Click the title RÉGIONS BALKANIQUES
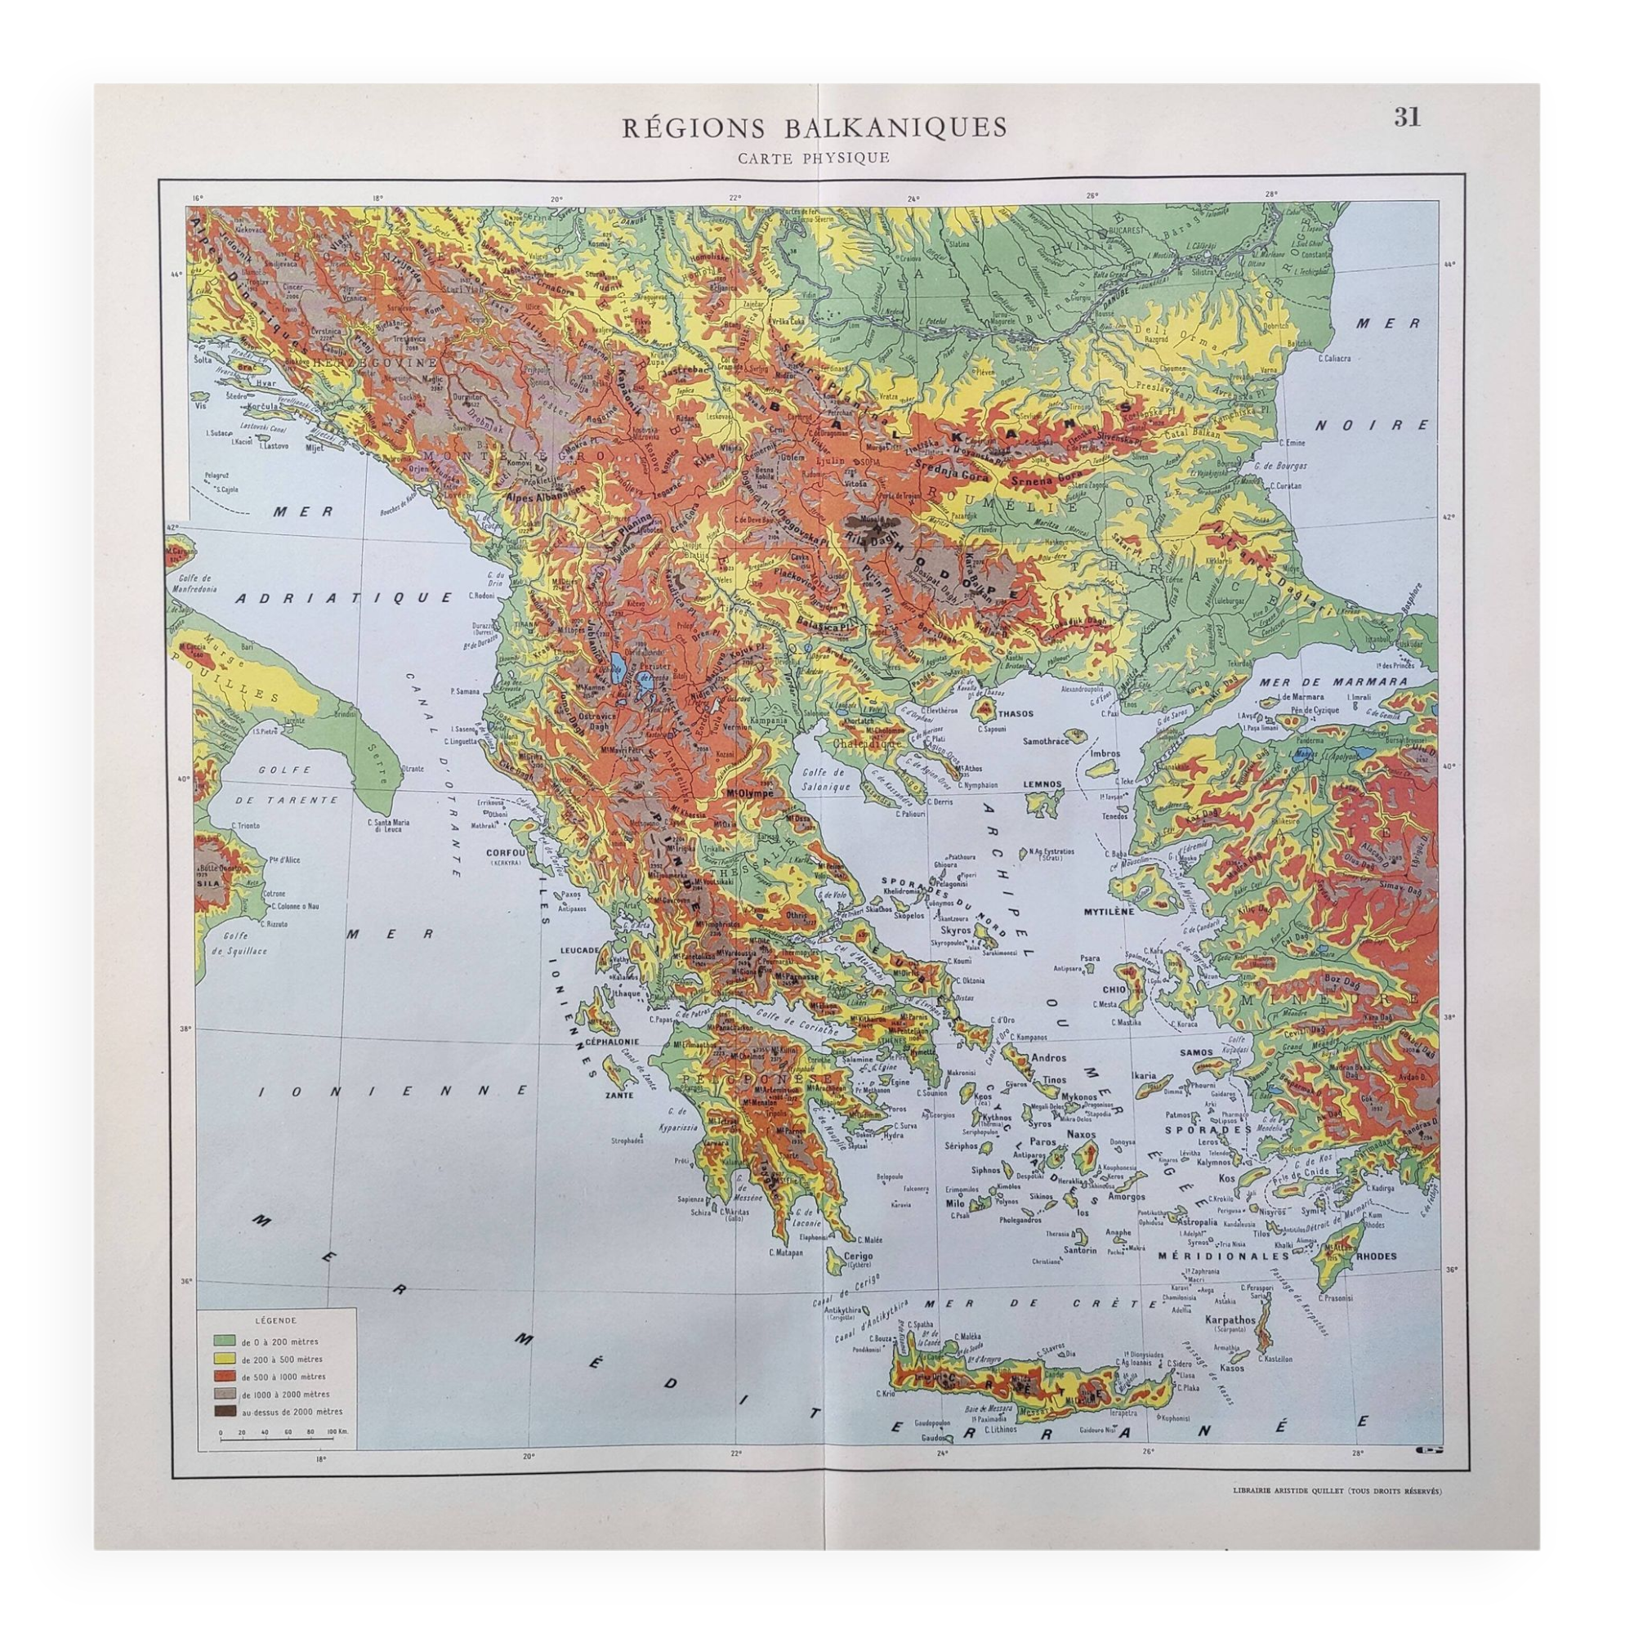pos(815,128)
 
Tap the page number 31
pos(1407,118)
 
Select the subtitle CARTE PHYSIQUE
pos(813,158)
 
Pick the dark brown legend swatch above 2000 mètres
pos(225,1411)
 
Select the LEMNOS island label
pos(1041,784)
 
